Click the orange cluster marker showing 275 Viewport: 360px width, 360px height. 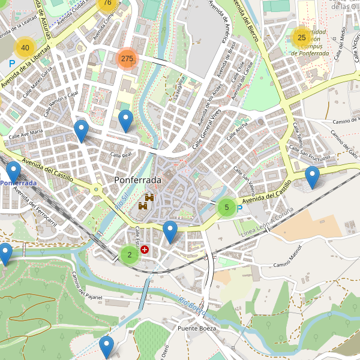[x=127, y=58]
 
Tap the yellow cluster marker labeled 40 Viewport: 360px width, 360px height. [x=25, y=47]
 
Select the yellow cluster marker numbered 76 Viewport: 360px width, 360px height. [x=107, y=3]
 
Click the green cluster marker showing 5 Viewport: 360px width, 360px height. [x=226, y=208]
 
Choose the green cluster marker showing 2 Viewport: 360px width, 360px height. [x=129, y=254]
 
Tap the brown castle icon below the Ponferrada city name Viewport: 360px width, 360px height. [x=146, y=202]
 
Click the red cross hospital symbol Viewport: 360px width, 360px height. [x=145, y=249]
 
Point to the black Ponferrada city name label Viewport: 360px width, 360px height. [x=137, y=180]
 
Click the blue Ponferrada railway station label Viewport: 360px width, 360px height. [x=18, y=182]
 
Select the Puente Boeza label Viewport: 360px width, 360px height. [x=196, y=328]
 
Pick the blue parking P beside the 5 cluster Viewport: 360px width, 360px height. [x=240, y=209]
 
